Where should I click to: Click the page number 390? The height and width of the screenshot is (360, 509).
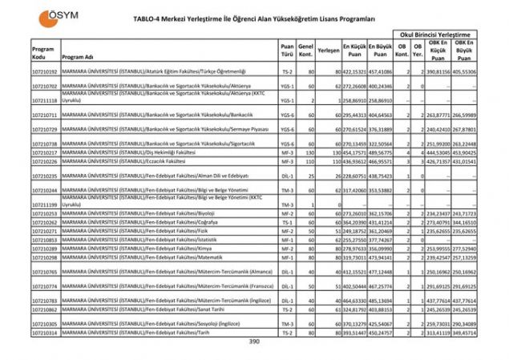click(254, 342)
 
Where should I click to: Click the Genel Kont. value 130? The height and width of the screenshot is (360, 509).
click(308, 152)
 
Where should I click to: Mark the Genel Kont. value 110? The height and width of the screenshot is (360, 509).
click(308, 161)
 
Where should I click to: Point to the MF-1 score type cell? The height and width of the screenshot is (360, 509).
click(286, 257)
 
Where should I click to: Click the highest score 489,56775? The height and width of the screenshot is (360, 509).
click(379, 152)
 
